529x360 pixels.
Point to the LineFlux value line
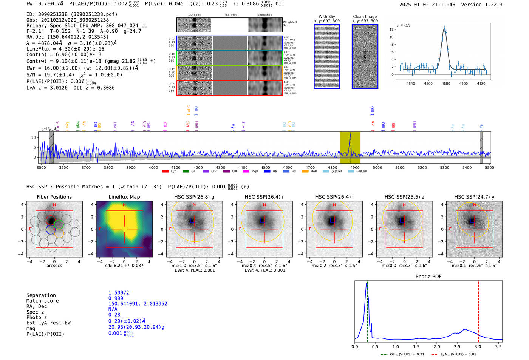[x=65, y=49]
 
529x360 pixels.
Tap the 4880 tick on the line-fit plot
[x=446, y=83]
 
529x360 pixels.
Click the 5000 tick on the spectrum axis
[x=377, y=167]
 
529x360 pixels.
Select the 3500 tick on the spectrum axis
[x=41, y=167]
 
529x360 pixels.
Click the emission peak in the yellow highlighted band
[x=350, y=134]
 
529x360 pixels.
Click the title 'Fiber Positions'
[x=54, y=197]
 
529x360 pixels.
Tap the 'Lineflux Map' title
[x=124, y=197]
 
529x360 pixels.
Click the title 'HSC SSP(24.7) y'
[x=474, y=197]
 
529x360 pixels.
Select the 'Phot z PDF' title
[x=428, y=277]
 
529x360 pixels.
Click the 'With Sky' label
[x=327, y=17]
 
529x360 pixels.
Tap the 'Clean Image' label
[x=365, y=17]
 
